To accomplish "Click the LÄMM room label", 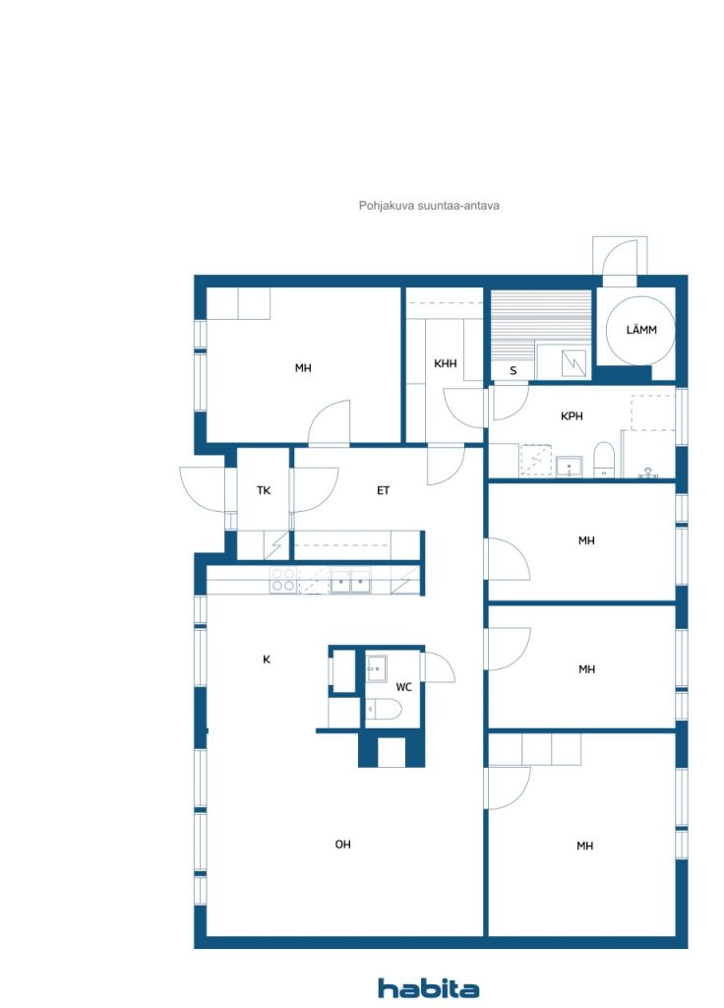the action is point(641,330).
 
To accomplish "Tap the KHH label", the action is point(446,363).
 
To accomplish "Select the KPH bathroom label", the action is point(572,416).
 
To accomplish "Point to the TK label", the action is point(264,490).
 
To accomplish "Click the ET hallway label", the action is point(383,490).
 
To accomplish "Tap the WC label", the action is point(403,687).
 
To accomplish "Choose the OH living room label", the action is point(343,844).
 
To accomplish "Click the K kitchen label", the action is point(267,659).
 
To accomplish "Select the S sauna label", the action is point(513,371).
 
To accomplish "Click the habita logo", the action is point(428,988).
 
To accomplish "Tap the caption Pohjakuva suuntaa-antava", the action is point(429,206).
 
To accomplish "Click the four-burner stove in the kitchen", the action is point(282,580).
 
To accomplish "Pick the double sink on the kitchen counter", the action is point(351,581).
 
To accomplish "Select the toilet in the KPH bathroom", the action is point(604,459).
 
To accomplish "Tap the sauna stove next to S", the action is point(573,363).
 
